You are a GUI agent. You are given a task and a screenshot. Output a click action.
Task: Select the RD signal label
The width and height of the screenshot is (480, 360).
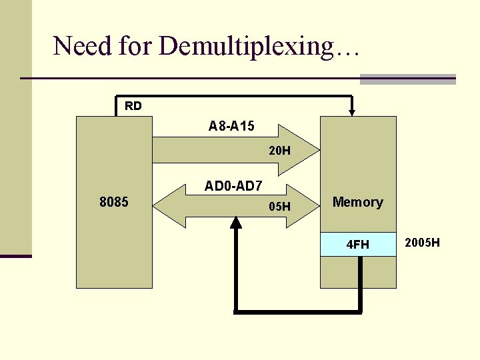tap(133, 106)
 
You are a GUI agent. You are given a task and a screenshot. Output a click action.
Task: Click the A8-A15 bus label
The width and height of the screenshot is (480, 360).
tap(231, 126)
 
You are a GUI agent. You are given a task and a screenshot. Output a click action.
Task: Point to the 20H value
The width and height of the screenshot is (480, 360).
tap(279, 151)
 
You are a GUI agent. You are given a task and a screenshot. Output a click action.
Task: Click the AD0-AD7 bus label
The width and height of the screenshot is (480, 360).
tap(233, 186)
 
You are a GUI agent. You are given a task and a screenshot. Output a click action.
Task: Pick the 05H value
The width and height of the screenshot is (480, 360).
tap(279, 207)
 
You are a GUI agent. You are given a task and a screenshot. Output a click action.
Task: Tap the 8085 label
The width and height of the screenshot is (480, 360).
tap(114, 202)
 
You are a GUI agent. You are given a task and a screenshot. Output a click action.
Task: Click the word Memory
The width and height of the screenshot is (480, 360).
tap(357, 202)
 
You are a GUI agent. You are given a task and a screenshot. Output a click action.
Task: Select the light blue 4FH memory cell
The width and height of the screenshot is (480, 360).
tap(358, 245)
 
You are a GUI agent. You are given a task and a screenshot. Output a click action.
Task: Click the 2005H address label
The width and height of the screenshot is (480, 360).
tap(422, 242)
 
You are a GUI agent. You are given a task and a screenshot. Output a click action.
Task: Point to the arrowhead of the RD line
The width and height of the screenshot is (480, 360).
tap(353, 111)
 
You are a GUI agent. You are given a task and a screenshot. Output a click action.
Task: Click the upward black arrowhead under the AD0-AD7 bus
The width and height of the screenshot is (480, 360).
tap(235, 222)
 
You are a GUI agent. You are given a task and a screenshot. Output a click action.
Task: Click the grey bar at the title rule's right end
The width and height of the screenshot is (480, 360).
tap(407, 79)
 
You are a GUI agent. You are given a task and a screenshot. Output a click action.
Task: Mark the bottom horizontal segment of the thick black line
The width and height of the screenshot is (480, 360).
tap(297, 311)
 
